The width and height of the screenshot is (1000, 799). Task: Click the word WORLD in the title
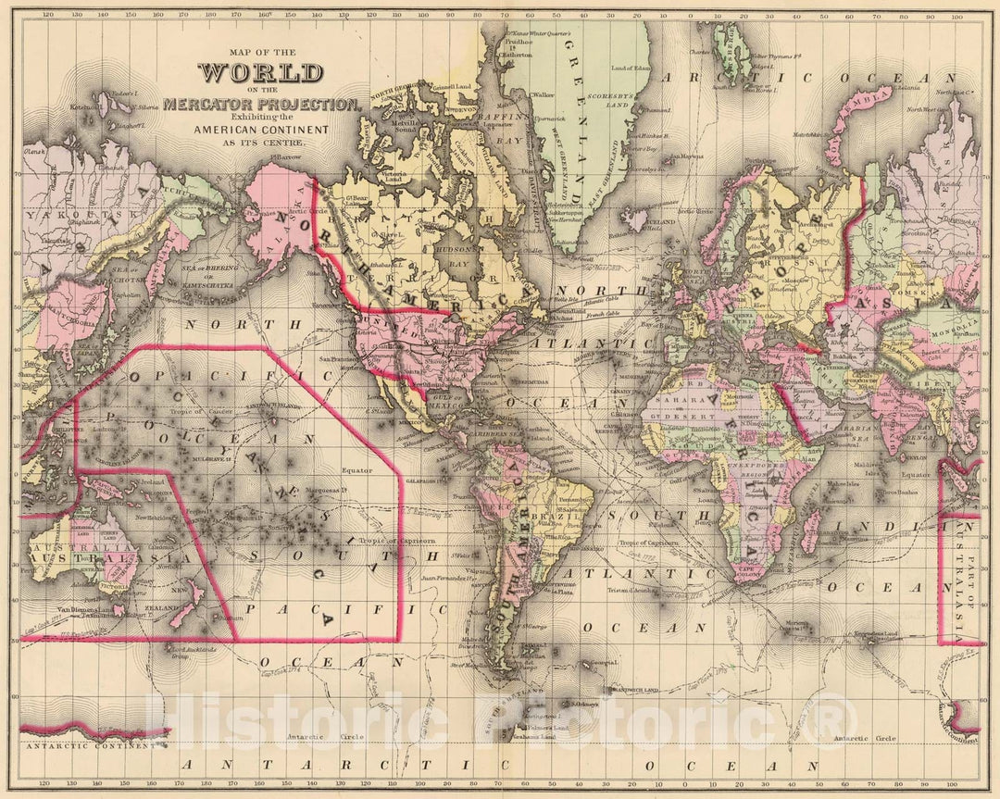[x=260, y=73]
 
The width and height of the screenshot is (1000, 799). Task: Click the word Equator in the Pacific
[x=357, y=469]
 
